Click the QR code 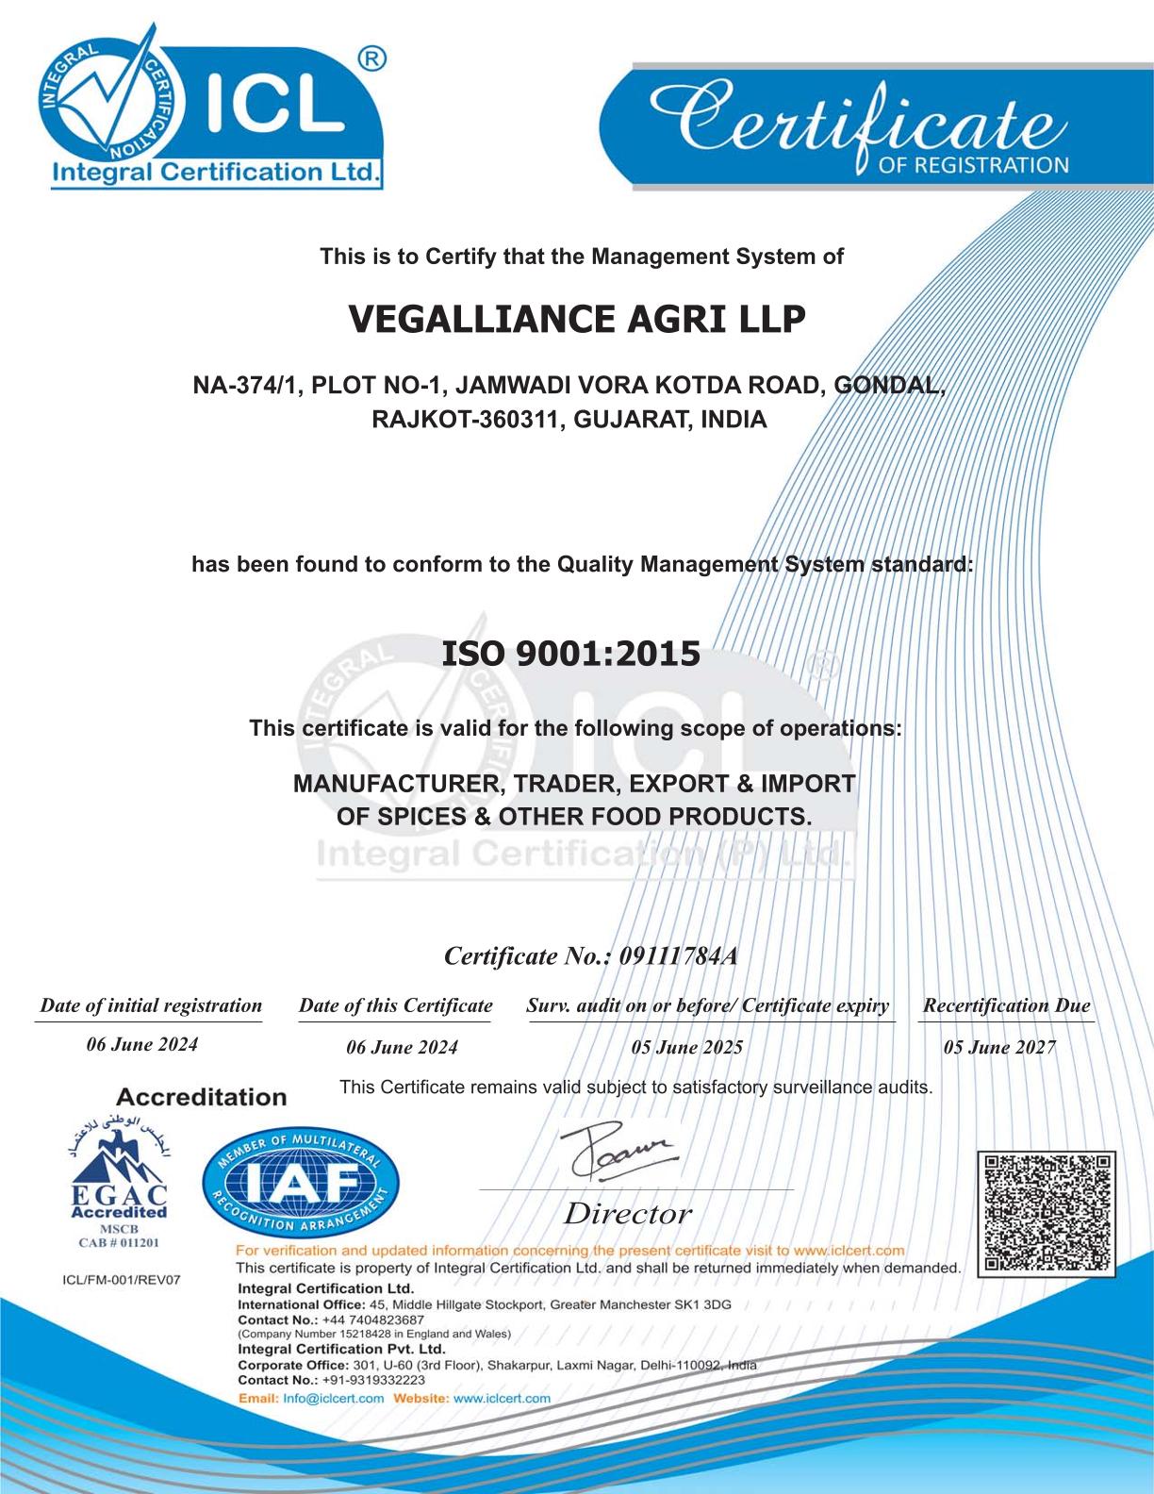1047,1214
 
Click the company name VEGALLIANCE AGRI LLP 577,320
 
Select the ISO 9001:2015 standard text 571,653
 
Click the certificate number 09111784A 678,956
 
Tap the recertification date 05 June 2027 999,1047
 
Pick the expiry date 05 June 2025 686,1047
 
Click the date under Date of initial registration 141,1044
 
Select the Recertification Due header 1006,1005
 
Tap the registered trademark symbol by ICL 372,59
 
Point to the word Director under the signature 627,1214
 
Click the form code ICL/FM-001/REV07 120,1280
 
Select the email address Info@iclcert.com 333,1398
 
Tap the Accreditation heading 200,1097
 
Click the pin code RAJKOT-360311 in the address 457,420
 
